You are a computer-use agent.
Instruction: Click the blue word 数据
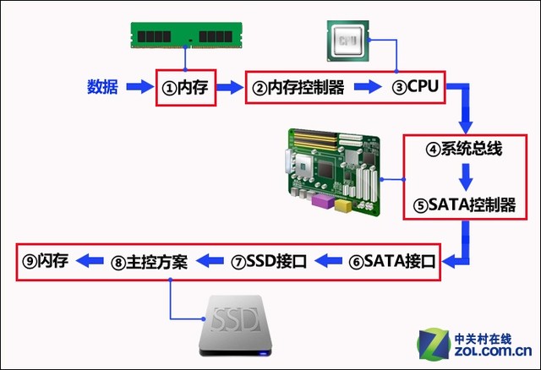click(102, 86)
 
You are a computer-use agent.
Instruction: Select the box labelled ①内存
click(188, 87)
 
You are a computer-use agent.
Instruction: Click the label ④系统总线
click(464, 150)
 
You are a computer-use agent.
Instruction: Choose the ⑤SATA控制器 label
click(464, 204)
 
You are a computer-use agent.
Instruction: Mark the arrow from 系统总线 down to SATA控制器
click(464, 177)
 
